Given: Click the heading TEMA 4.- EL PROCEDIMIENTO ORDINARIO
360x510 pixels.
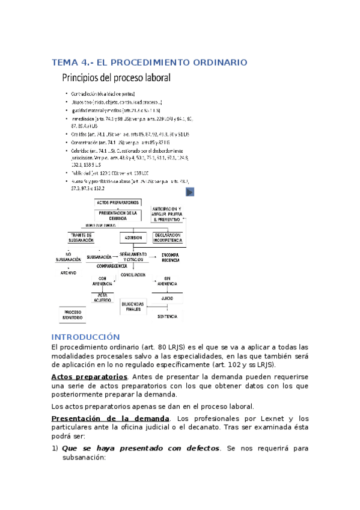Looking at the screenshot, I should [x=150, y=63].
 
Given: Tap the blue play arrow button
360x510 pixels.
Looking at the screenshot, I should [x=189, y=192].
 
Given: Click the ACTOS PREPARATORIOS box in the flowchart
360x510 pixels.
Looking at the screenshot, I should [x=118, y=203].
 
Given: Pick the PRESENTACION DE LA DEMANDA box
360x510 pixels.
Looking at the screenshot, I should [x=118, y=215].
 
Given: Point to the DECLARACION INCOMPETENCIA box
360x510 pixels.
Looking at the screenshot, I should [x=168, y=237].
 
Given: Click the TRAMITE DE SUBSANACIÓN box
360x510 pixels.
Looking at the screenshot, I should [x=82, y=238].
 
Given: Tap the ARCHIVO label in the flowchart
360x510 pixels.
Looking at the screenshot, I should [x=69, y=272].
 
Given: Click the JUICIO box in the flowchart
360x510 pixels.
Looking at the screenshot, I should [x=168, y=298].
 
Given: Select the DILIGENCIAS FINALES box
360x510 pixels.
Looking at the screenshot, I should [x=132, y=306].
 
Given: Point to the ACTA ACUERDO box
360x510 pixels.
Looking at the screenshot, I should [x=103, y=298].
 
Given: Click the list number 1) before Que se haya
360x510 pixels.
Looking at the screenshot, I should [x=55, y=448].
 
